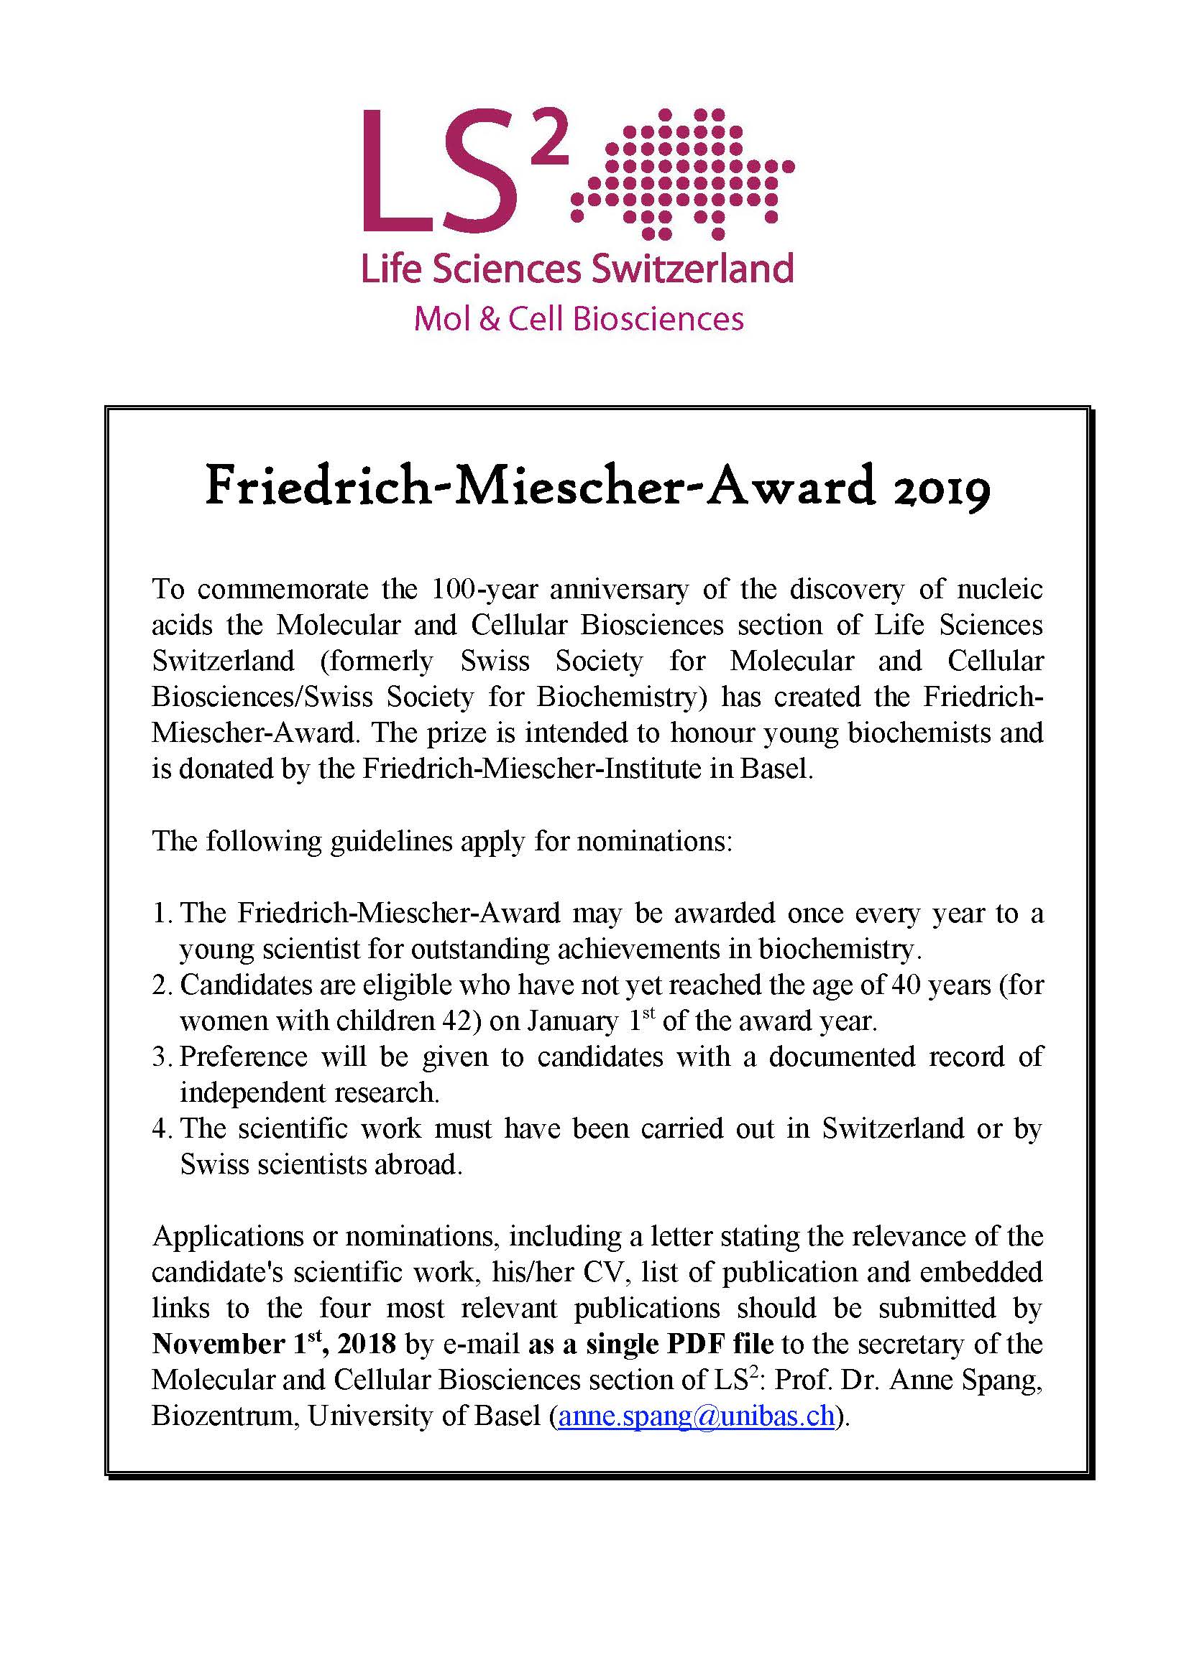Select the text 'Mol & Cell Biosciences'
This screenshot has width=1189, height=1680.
pos(579,320)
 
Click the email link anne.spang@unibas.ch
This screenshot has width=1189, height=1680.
pos(697,1415)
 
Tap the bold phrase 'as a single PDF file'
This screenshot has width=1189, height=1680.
pos(650,1343)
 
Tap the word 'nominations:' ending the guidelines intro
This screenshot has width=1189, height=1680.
pos(655,842)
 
